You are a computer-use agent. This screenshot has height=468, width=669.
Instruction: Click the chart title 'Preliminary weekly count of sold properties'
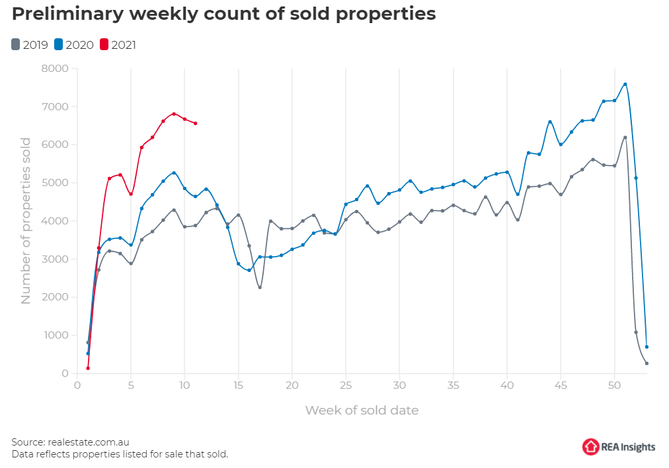tap(224, 15)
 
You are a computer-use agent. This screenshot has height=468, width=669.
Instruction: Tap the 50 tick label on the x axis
tap(614, 385)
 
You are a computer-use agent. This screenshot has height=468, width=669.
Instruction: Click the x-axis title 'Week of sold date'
tap(362, 410)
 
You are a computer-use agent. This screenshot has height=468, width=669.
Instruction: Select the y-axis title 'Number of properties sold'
tap(26, 220)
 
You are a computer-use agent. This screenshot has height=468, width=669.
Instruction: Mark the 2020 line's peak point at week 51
tap(625, 84)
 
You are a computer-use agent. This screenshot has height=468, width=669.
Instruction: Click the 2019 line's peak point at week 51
tap(625, 137)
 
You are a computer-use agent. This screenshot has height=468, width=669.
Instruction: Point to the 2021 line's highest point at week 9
tap(174, 114)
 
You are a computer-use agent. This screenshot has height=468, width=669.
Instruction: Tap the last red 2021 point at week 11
tap(195, 123)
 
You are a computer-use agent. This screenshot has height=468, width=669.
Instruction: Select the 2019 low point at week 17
tap(260, 287)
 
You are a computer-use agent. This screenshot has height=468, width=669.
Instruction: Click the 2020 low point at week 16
tap(249, 270)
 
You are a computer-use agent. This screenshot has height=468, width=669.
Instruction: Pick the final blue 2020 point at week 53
tap(647, 347)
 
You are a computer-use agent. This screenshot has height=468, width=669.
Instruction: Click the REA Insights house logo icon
tap(590, 447)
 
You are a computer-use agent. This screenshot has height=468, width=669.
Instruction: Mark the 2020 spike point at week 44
tap(550, 121)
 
